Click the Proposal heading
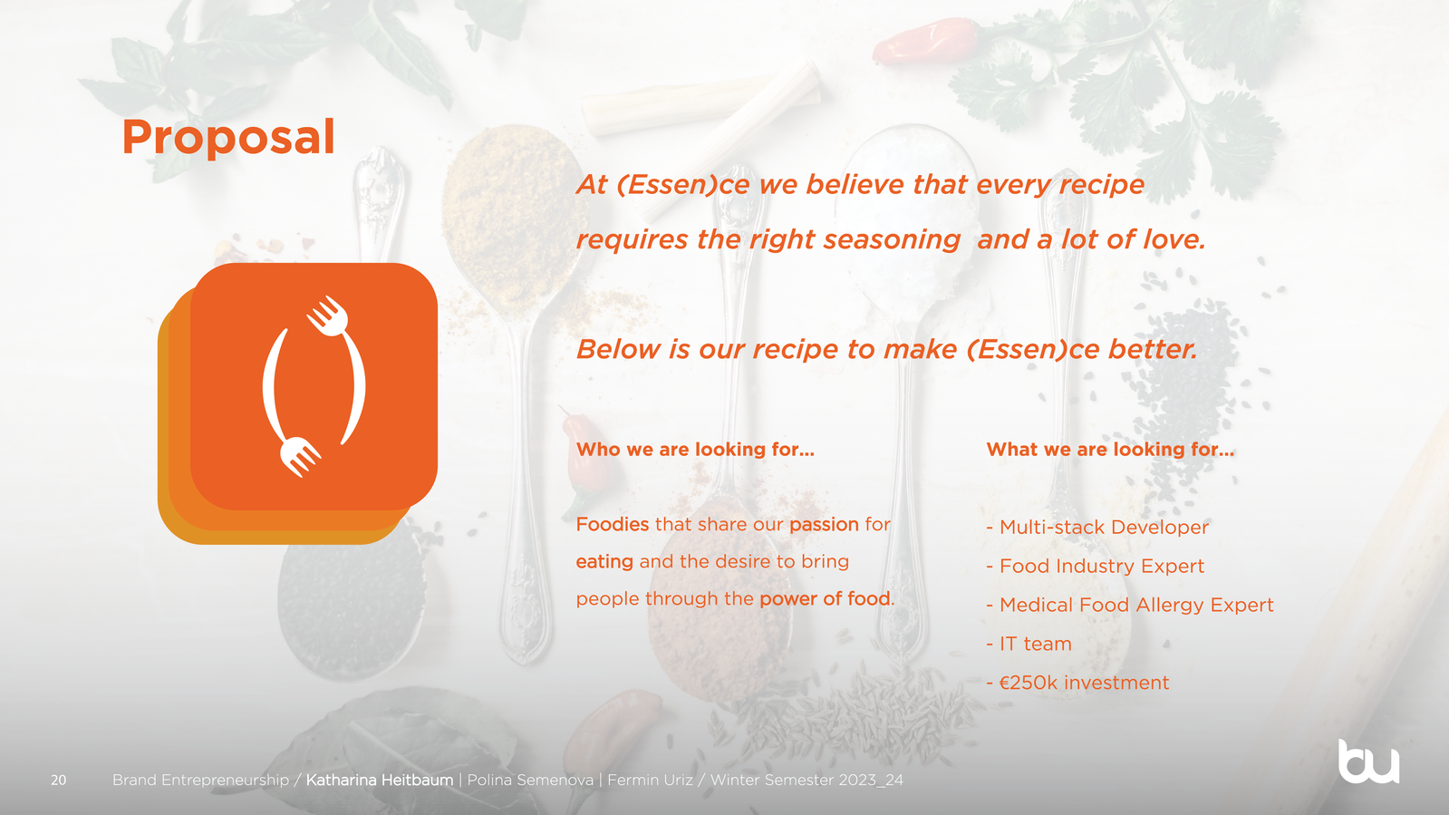227,138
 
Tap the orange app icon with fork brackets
297,403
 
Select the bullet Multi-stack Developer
1097,527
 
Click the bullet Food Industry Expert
1096,566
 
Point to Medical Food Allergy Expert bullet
1129,605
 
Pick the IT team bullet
1029,644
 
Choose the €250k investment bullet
1077,683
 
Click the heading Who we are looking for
695,450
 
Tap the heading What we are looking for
1110,450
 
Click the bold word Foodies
612,524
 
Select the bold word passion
824,524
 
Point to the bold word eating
604,562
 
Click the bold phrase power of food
825,598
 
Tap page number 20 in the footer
58,780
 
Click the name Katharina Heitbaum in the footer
380,780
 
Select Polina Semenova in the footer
530,780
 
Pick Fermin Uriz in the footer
650,780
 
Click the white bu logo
1368,762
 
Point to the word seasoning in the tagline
892,240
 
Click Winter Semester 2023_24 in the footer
807,780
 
